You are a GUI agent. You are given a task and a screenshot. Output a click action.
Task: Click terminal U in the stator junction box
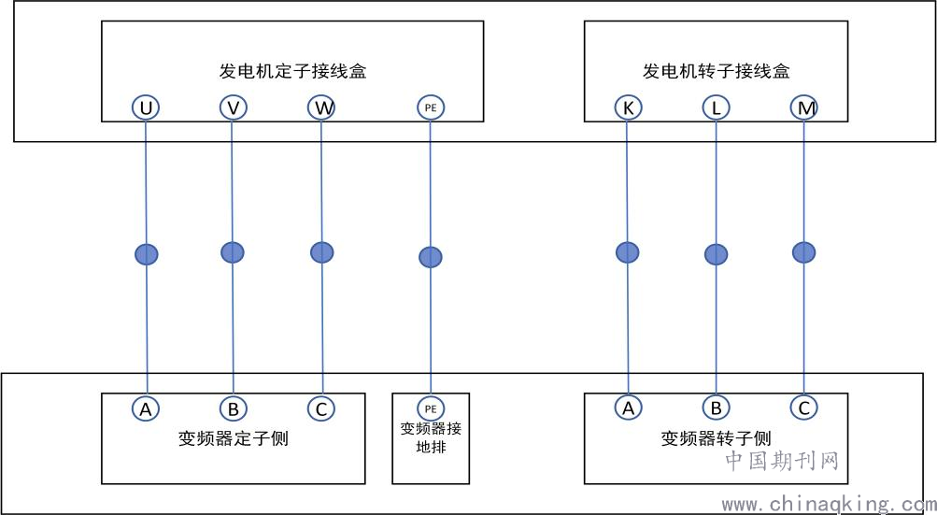click(x=146, y=107)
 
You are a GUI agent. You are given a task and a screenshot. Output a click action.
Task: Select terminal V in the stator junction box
click(x=234, y=107)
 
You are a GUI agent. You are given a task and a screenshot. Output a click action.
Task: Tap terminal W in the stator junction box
click(x=321, y=107)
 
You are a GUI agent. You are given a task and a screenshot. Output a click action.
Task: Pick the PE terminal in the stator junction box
click(x=431, y=107)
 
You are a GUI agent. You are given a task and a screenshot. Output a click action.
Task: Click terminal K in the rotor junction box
click(x=628, y=107)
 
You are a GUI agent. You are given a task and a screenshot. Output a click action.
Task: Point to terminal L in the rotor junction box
click(x=716, y=107)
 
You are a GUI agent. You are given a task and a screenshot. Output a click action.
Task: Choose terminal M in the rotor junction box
click(x=803, y=107)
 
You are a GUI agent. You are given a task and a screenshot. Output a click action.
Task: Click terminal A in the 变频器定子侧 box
click(x=146, y=409)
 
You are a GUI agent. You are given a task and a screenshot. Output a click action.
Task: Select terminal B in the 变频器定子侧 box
click(x=234, y=409)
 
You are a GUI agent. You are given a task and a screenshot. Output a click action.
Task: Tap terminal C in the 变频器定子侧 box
click(x=321, y=409)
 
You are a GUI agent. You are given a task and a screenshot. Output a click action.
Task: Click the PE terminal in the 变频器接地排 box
click(x=431, y=409)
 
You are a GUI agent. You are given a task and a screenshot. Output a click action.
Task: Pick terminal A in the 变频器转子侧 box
click(x=628, y=408)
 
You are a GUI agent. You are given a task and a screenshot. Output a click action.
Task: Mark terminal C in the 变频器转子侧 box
click(x=803, y=408)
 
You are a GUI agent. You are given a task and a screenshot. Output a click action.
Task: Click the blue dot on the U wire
click(x=147, y=254)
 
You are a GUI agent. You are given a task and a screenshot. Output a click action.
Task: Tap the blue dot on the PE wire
click(x=431, y=257)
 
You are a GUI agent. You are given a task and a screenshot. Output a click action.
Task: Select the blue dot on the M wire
click(x=803, y=252)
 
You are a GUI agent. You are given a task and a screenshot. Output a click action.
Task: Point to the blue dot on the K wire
click(x=628, y=252)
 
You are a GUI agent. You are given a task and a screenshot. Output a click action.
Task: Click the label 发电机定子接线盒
click(x=292, y=71)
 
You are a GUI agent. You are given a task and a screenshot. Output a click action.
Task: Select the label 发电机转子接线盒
click(x=716, y=71)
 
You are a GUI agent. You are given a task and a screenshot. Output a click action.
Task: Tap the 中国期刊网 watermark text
click(x=782, y=461)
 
